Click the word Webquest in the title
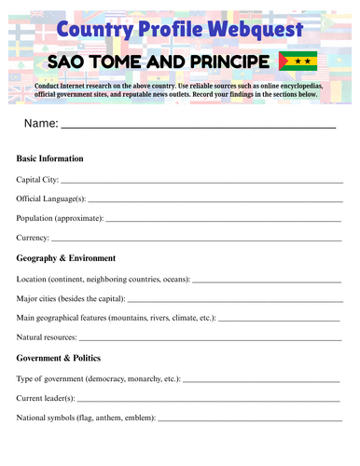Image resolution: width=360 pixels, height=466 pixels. pyautogui.click(x=250, y=29)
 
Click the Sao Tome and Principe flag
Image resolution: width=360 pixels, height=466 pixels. pyautogui.click(x=298, y=62)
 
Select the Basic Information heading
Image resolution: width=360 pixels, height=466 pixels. pyautogui.click(x=50, y=159)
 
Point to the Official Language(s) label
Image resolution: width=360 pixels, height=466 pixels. pyautogui.click(x=51, y=199)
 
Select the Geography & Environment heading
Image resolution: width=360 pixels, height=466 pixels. pyautogui.click(x=66, y=258)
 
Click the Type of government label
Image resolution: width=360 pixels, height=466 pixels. pyautogui.click(x=51, y=379)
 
